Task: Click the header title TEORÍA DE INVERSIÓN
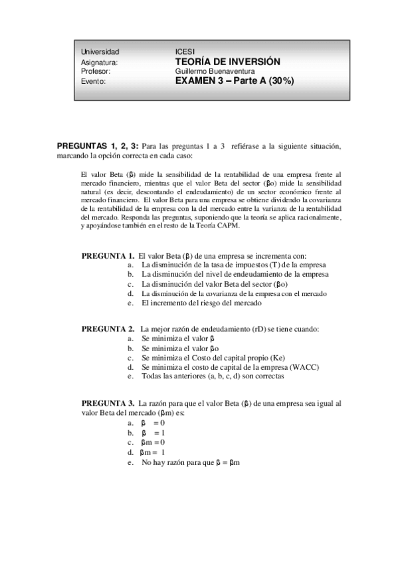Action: pos(227,61)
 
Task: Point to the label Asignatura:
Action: pos(99,62)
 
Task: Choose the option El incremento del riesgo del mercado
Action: pos(201,303)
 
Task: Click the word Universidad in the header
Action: pos(100,52)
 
